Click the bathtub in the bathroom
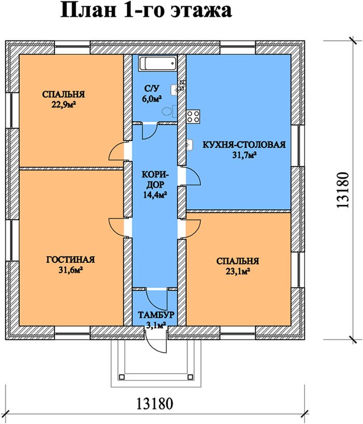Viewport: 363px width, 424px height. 158,64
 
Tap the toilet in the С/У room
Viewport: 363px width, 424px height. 170,111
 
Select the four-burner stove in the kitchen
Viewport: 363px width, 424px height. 193,116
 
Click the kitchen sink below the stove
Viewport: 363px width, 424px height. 190,145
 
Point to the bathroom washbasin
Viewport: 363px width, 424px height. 174,90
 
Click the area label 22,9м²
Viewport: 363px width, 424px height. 63,104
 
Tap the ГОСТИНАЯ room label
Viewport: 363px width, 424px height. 71,260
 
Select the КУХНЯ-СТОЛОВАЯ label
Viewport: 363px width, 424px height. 244,145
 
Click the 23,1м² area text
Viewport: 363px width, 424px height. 238,271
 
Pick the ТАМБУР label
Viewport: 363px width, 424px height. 156,315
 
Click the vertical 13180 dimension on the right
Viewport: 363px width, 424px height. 343,190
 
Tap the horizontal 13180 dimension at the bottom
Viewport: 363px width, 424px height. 155,404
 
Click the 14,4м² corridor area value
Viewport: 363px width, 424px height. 155,194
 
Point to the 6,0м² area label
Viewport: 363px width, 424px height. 152,98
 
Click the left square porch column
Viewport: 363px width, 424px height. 122,377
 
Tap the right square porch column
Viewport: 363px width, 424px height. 191,377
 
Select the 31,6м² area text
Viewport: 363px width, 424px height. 71,270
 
